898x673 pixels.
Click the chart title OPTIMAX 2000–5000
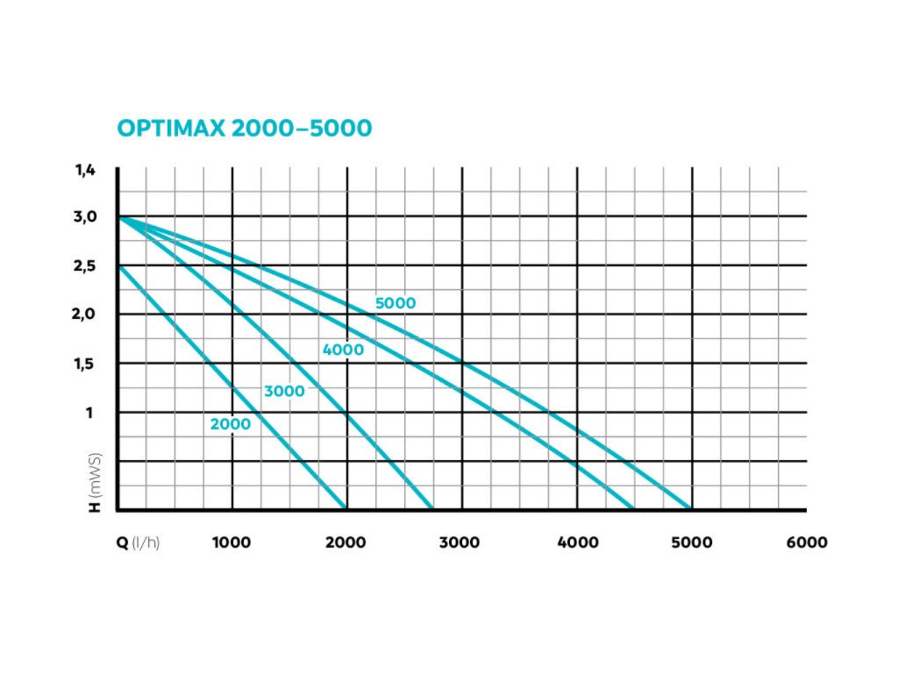[x=245, y=128]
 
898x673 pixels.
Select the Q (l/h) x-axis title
[x=139, y=542]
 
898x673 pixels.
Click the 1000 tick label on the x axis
[x=232, y=542]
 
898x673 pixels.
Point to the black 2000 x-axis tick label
[x=346, y=542]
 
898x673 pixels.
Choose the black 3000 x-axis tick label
[x=460, y=542]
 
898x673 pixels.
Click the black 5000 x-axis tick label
[x=693, y=542]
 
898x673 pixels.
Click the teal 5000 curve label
[x=396, y=304]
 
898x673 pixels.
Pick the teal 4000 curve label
[x=343, y=351]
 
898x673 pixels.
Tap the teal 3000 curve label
[x=284, y=392]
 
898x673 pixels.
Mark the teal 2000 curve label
[x=230, y=424]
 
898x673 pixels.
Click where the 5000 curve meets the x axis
[x=691, y=508]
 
